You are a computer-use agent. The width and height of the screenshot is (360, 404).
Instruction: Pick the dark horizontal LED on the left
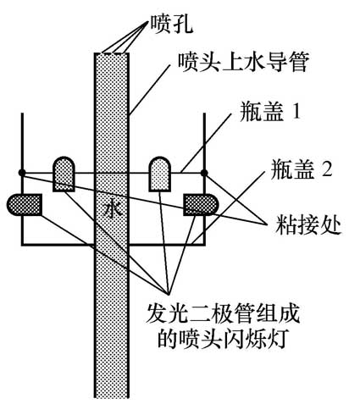[x=25, y=203]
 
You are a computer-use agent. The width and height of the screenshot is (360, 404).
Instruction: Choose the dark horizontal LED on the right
[x=202, y=203]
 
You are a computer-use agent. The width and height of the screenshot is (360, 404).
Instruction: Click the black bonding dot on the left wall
[x=21, y=174]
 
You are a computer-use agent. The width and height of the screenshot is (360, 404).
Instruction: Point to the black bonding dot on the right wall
[x=204, y=174]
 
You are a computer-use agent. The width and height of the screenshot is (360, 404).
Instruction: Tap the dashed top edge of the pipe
[x=111, y=53]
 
